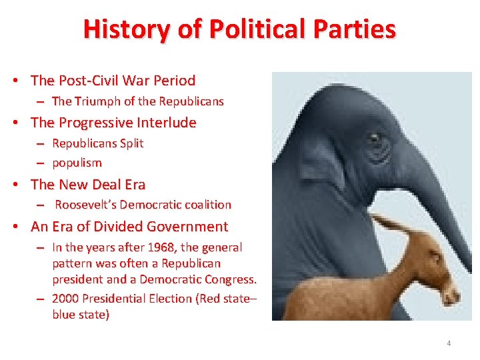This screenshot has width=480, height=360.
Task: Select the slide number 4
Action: click(449, 343)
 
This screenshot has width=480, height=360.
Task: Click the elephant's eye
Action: click(375, 139)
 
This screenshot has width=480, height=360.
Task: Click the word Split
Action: click(131, 143)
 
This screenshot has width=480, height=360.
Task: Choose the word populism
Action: click(77, 163)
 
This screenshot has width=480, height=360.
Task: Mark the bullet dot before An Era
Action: click(15, 227)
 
